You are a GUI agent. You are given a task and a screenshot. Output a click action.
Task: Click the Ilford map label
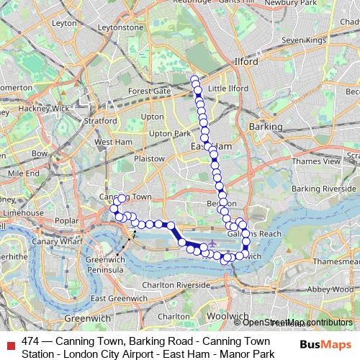(x=246, y=62)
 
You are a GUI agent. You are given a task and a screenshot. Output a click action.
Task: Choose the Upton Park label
(x=168, y=133)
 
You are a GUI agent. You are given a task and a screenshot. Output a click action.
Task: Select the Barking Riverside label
(x=319, y=189)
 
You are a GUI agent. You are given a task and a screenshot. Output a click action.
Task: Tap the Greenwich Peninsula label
(x=105, y=264)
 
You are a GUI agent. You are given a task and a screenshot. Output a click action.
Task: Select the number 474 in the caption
(x=30, y=341)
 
